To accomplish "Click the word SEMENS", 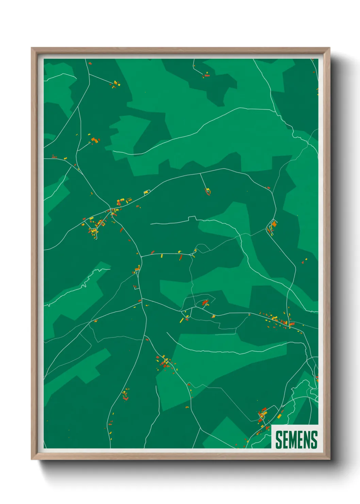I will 296,439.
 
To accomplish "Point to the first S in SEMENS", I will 279,439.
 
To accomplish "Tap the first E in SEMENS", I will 285,439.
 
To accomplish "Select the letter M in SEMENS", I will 293,439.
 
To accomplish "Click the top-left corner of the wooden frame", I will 32,48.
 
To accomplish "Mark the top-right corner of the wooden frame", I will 330,48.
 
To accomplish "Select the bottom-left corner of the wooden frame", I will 32,459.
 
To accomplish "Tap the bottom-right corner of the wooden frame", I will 330,459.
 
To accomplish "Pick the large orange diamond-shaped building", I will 274,224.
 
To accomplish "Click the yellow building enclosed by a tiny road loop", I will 195,251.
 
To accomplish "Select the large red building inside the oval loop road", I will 205,302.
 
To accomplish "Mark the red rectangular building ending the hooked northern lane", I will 207,75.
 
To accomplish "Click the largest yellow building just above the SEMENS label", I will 279,416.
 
